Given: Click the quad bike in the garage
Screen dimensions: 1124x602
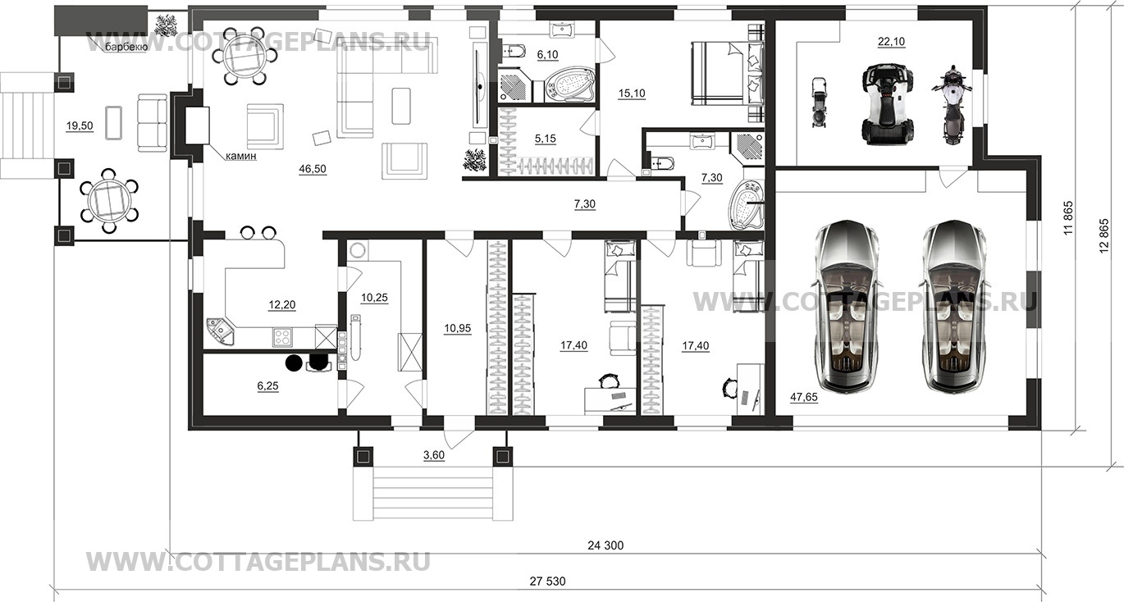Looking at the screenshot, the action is pos(888,103).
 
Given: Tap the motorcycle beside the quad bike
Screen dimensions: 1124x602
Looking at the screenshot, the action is pos(952,104).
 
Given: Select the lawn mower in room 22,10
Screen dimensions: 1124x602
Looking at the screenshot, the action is pos(819,103).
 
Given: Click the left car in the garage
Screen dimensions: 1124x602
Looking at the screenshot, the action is pos(847,306).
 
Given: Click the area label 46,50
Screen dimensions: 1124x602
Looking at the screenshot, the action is pos(312,169).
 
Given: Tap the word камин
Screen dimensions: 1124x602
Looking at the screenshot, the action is pos(241,156).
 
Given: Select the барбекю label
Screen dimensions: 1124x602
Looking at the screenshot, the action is pos(126,48).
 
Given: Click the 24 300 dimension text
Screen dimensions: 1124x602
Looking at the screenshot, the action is pos(605,545).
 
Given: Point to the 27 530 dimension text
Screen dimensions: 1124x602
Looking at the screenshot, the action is pos(547,581).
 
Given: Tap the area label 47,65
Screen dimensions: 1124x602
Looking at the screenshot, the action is pos(804,397).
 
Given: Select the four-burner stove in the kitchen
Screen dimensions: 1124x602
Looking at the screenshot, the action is pos(282,336).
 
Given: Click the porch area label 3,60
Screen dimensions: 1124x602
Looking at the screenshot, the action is pos(434,455).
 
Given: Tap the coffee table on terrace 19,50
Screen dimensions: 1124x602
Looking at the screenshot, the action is pos(113,122).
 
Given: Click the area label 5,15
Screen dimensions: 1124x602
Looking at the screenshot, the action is pos(546,139).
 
